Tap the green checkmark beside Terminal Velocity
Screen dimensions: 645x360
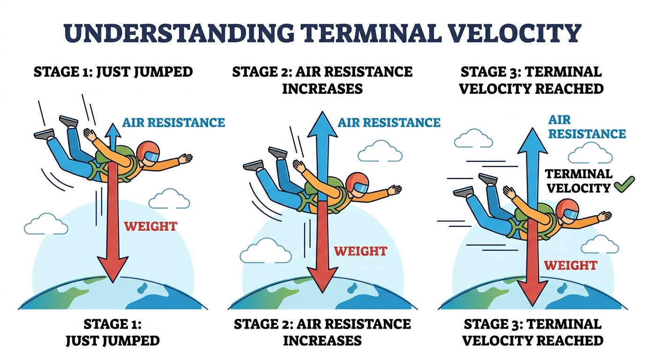[x=624, y=184]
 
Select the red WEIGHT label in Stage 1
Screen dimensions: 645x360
[x=150, y=226]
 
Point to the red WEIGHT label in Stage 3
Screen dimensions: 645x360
[x=570, y=265]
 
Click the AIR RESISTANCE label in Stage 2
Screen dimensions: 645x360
[x=389, y=123]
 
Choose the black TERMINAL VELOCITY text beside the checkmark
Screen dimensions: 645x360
[x=578, y=181]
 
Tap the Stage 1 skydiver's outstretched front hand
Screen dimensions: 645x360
[x=185, y=158]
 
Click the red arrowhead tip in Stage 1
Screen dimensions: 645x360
[x=112, y=283]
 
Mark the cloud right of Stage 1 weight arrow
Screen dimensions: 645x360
[x=169, y=198]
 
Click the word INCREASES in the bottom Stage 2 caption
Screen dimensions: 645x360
[x=322, y=341]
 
